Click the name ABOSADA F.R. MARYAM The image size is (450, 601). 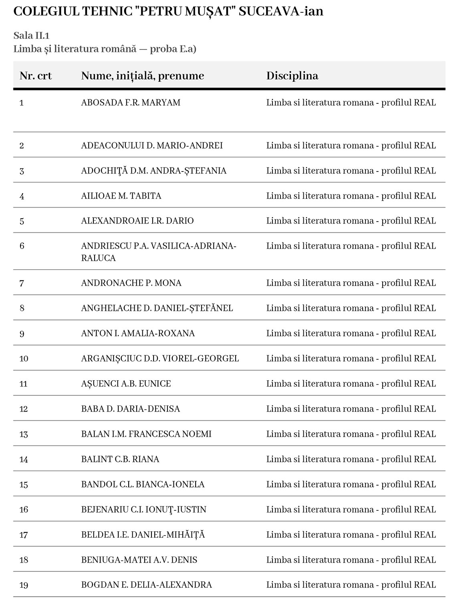131,103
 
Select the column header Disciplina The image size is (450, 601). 292,76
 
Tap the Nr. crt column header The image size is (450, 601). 36,76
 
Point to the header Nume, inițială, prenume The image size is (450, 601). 142,76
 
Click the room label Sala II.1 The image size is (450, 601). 31,35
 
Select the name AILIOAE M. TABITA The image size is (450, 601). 121,196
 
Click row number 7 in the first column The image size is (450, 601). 22,283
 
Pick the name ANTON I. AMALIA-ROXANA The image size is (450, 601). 138,333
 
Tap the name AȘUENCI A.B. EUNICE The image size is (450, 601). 126,384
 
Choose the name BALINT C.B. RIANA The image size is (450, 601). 120,459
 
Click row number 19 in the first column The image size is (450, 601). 24,585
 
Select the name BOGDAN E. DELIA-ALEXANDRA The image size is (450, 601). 146,585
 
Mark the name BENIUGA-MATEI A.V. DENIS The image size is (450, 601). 139,560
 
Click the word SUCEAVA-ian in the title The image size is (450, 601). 281,11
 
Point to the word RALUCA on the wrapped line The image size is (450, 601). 98,258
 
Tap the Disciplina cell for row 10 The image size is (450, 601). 351,359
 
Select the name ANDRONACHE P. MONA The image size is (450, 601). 131,283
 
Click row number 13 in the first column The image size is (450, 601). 24,434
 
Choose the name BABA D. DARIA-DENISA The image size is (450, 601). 130,409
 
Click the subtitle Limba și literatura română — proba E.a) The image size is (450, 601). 105,49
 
